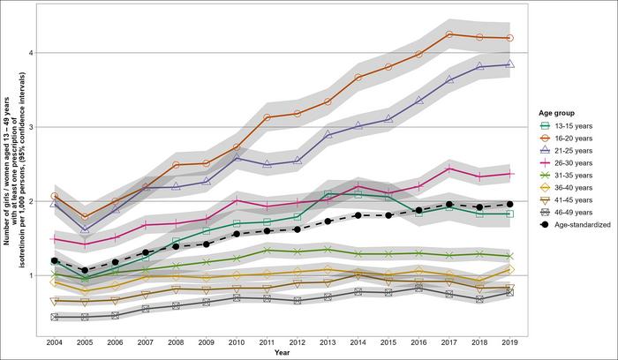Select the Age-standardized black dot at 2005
[x=85, y=271]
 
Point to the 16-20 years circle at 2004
[x=55, y=196]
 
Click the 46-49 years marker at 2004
[x=55, y=317]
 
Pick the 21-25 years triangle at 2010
[x=237, y=158]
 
